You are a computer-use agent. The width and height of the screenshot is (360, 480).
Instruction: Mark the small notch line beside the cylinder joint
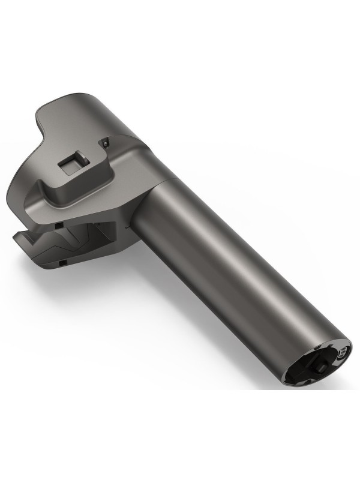(x=125, y=228)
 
